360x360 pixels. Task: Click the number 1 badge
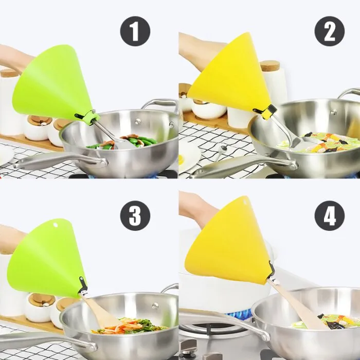coord(135,31)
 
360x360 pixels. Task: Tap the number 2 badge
coord(330,31)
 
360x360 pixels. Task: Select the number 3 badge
coord(135,216)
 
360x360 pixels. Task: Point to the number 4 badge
coord(330,216)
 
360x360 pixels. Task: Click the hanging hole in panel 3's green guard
coord(55,225)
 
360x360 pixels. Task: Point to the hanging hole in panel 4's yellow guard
coord(244,203)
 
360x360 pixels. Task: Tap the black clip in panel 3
coord(83,285)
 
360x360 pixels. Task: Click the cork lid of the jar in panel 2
coord(270,66)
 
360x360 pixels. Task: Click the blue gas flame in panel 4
coord(240,313)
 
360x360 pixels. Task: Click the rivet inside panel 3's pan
coord(155,306)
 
